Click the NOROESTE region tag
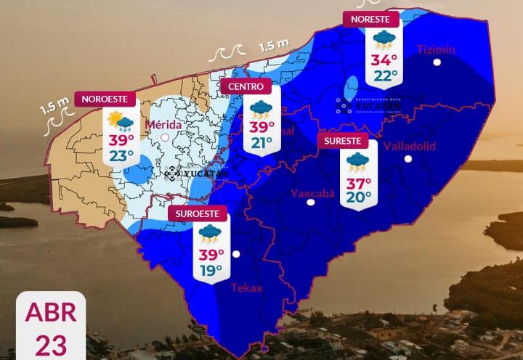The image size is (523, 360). coord(105,99)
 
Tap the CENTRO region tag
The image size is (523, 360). coord(246,86)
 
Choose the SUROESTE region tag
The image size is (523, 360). coord(198,213)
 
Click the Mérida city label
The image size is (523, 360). coord(163,124)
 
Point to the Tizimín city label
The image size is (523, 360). coord(436,49)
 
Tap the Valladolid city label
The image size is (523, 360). coord(409,146)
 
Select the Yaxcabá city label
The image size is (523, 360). coord(310,193)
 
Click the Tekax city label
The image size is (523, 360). coord(246,287)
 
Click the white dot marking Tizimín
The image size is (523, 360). coord(437,62)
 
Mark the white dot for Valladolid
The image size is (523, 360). coord(408,158)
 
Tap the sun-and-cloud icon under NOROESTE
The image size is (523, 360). coord(121,121)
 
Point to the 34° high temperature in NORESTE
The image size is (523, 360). coord(384,60)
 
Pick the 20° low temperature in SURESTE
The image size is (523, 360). coord(359,197)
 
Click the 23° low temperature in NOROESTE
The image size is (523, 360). coord(121,155)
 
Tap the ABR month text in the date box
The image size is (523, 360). coord(51,312)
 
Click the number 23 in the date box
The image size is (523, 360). coord(51,344)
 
